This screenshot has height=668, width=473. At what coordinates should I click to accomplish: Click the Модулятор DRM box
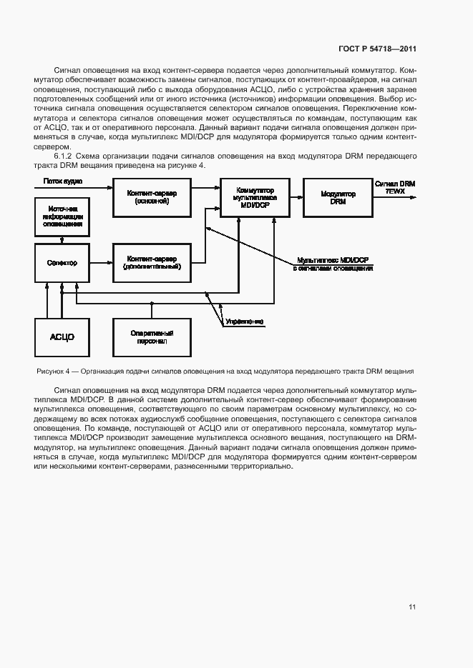pyautogui.click(x=333, y=196)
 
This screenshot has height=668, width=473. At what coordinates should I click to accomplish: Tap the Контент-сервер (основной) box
pyautogui.click(x=152, y=196)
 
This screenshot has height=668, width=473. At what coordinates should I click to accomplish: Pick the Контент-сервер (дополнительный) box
pyautogui.click(x=152, y=262)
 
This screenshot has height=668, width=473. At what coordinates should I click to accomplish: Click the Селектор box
pyautogui.click(x=62, y=262)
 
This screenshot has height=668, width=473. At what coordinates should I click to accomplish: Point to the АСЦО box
pyautogui.click(x=62, y=337)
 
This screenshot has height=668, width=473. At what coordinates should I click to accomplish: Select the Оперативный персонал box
pyautogui.click(x=152, y=337)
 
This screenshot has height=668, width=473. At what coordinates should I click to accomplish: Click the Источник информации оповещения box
pyautogui.click(x=62, y=216)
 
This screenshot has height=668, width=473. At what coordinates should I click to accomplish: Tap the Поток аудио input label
pyautogui.click(x=63, y=181)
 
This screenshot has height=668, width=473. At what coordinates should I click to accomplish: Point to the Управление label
pyautogui.click(x=244, y=322)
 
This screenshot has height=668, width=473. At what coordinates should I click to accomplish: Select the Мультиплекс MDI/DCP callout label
pyautogui.click(x=333, y=264)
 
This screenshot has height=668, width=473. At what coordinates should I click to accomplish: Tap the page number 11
pyautogui.click(x=411, y=607)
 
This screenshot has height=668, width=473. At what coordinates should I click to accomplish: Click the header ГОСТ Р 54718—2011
pyautogui.click(x=377, y=49)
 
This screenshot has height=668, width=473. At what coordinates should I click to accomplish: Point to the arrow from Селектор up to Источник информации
pyautogui.click(x=62, y=239)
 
